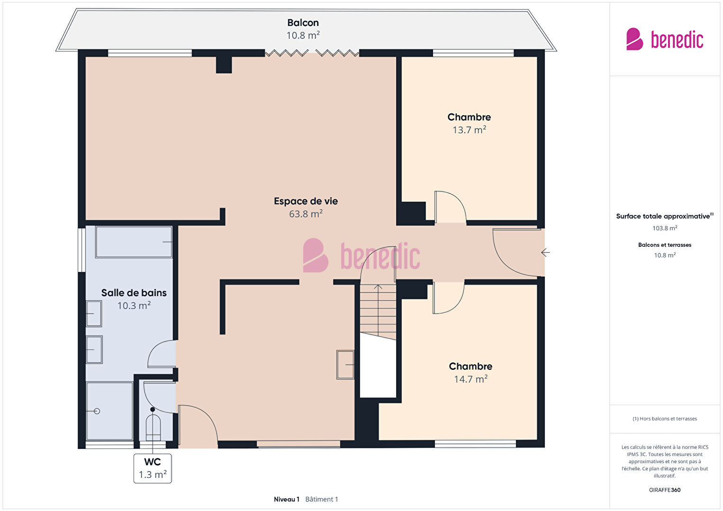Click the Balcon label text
point(303,23)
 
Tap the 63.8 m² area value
point(306,214)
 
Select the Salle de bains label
point(134,293)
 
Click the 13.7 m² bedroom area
point(469,130)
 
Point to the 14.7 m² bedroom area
point(470,379)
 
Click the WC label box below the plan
point(153,468)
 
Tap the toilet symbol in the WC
point(153,428)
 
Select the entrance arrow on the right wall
point(545,252)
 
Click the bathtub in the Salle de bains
point(134,242)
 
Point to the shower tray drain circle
point(97,411)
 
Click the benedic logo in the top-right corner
point(665,39)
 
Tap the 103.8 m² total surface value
point(665,228)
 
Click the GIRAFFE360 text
point(665,490)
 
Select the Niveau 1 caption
point(287,499)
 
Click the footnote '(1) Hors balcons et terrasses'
point(665,419)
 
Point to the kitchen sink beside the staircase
point(345,365)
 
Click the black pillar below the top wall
point(224,65)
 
